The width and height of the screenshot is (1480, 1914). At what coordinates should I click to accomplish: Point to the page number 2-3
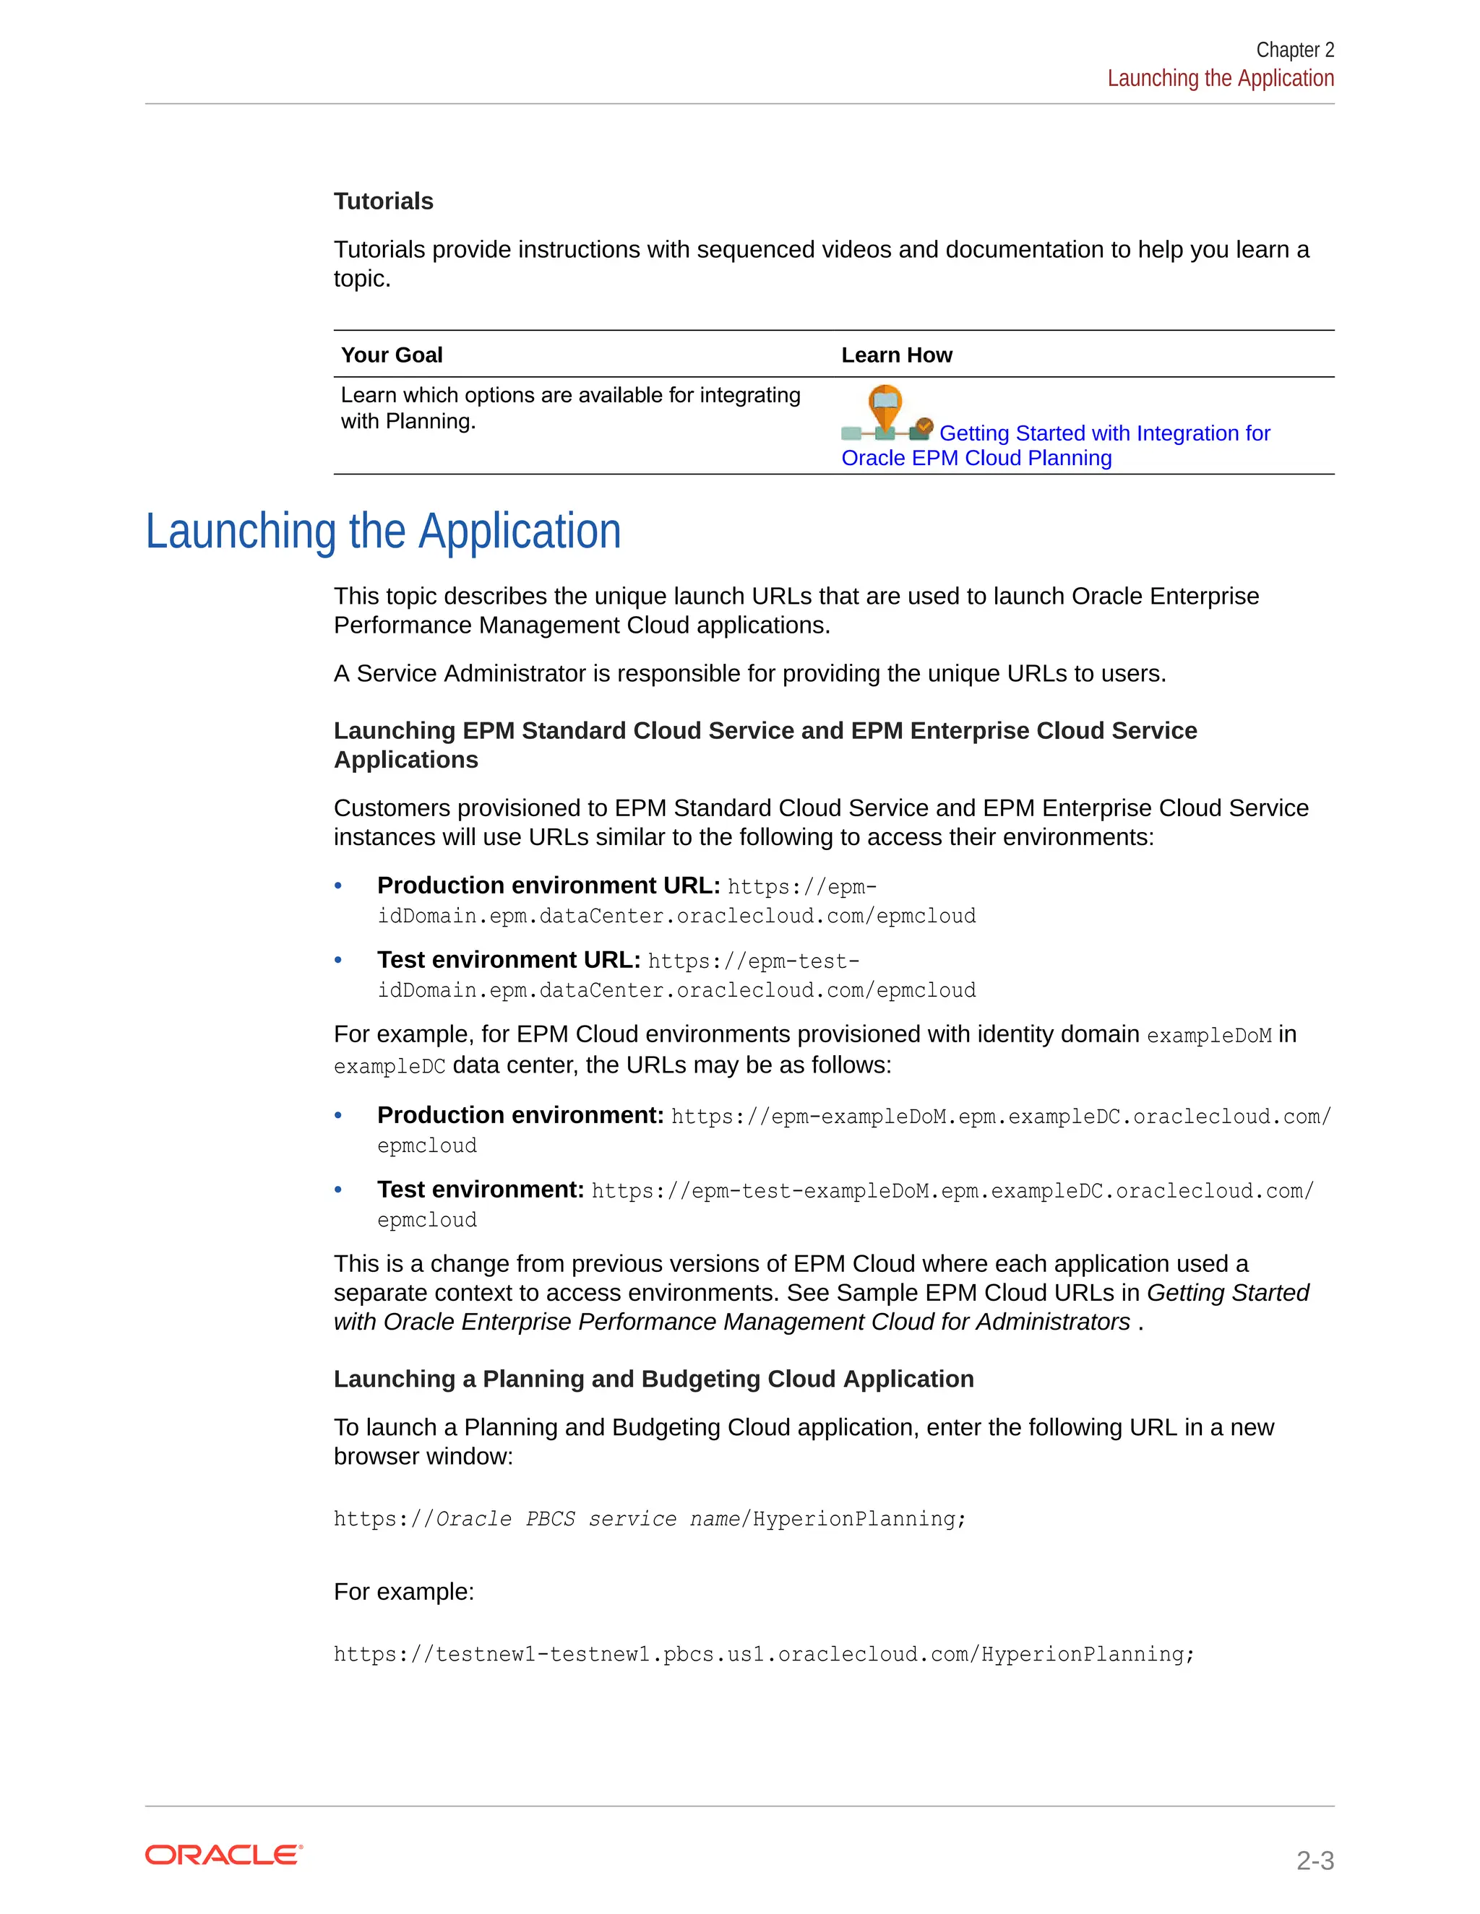pyautogui.click(x=1315, y=1861)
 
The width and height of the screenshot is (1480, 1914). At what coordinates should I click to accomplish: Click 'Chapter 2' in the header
pyautogui.click(x=1294, y=50)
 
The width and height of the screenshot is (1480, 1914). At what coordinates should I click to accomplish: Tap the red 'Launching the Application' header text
pyautogui.click(x=1220, y=79)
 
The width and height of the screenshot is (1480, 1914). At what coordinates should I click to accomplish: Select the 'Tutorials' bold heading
pyautogui.click(x=383, y=202)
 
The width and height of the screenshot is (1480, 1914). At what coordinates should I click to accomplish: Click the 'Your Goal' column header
pyautogui.click(x=391, y=355)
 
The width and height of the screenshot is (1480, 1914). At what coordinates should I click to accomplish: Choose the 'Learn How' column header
pyautogui.click(x=896, y=355)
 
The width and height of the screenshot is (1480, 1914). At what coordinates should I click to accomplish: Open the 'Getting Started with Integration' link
pyautogui.click(x=1104, y=434)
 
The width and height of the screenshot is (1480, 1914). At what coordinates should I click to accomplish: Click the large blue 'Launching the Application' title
pyautogui.click(x=383, y=532)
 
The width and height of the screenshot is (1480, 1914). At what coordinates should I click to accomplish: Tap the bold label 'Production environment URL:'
pyautogui.click(x=548, y=886)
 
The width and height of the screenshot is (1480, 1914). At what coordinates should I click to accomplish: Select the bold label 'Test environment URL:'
pyautogui.click(x=509, y=961)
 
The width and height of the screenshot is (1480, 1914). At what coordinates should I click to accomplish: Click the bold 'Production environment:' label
pyautogui.click(x=520, y=1116)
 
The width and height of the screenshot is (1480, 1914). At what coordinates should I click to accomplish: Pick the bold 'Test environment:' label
pyautogui.click(x=481, y=1190)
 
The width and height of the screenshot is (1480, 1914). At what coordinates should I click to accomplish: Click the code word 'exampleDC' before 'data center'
pyautogui.click(x=390, y=1067)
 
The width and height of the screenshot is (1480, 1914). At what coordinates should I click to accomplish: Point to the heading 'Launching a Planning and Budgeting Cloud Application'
pyautogui.click(x=653, y=1380)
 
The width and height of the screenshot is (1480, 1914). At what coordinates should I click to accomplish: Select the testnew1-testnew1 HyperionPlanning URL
pyautogui.click(x=763, y=1655)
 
